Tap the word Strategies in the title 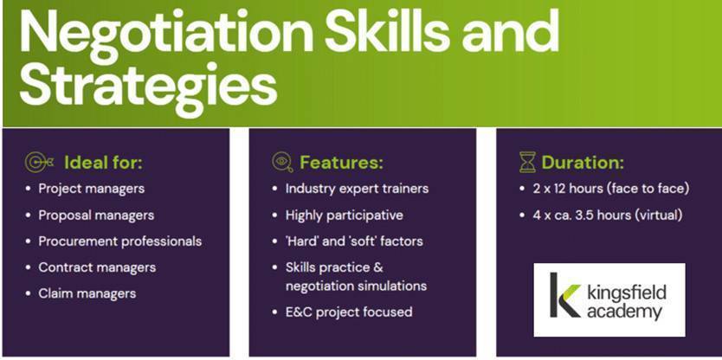pyautogui.click(x=148, y=89)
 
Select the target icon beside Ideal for pyautogui.click(x=39, y=163)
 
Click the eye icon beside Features pyautogui.click(x=282, y=163)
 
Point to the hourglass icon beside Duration pyautogui.click(x=528, y=163)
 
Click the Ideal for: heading pyautogui.click(x=104, y=163)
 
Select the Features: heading pyautogui.click(x=341, y=163)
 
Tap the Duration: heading pyautogui.click(x=583, y=163)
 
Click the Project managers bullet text pyautogui.click(x=91, y=189)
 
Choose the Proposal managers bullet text pyautogui.click(x=96, y=215)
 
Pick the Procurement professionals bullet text pyautogui.click(x=120, y=241)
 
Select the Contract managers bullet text pyautogui.click(x=97, y=267)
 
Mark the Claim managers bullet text pyautogui.click(x=87, y=293)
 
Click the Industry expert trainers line pyautogui.click(x=357, y=189)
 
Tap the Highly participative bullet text pyautogui.click(x=344, y=215)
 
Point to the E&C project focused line pyautogui.click(x=349, y=312)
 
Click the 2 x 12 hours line pyautogui.click(x=611, y=189)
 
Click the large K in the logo pyautogui.click(x=565, y=295)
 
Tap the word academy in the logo pyautogui.click(x=624, y=312)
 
